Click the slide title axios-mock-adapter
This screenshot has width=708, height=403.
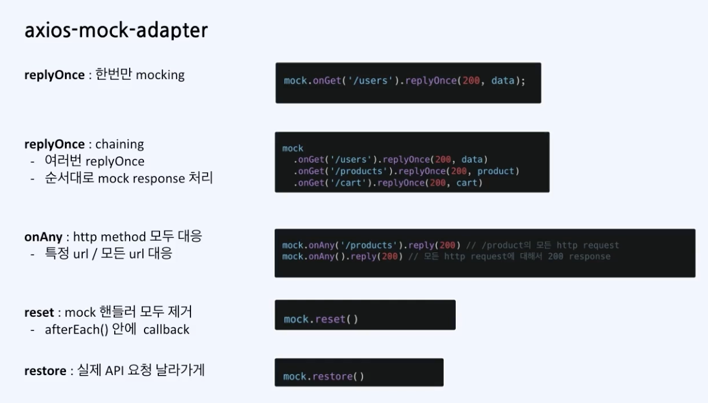pos(116,30)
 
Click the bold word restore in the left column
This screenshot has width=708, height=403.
pos(45,371)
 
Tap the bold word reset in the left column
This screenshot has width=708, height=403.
pos(39,311)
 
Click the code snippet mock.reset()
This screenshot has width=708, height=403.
pos(321,319)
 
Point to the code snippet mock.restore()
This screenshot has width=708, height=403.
pos(323,376)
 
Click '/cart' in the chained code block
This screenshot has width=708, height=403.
pos(344,183)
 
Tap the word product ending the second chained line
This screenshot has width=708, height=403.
pos(499,171)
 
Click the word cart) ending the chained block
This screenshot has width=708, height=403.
pos(469,183)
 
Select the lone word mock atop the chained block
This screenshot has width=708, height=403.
pos(293,148)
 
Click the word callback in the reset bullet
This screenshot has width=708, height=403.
pos(166,329)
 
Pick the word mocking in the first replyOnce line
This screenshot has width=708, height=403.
pos(160,75)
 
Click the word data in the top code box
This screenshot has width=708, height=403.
pos(503,80)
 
